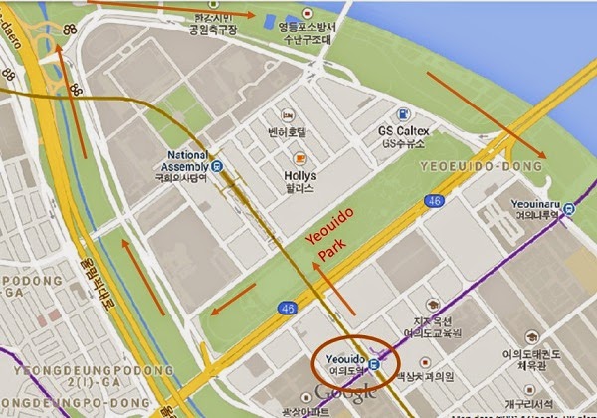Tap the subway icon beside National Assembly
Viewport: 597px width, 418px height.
pos(216,166)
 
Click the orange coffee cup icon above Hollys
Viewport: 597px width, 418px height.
pos(298,158)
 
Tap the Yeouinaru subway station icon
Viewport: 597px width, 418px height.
pos(568,209)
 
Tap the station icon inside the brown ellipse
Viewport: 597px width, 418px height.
pos(372,364)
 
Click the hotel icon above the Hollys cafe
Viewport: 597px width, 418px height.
pos(287,113)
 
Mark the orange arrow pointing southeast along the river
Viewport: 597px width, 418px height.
pos(487,114)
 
